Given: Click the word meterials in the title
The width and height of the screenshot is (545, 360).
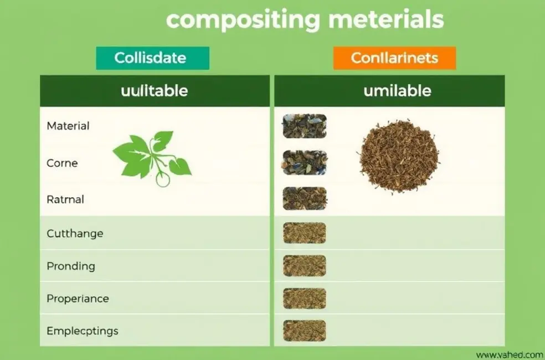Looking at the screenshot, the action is pyautogui.click(x=386, y=19).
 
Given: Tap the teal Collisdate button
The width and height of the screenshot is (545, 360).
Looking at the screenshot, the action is pyautogui.click(x=152, y=58).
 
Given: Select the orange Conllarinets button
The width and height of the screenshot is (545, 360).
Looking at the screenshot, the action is pyautogui.click(x=394, y=58).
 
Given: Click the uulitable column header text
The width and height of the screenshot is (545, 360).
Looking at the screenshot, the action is pyautogui.click(x=155, y=91).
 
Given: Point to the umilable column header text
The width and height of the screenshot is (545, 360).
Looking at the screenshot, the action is pyautogui.click(x=397, y=91).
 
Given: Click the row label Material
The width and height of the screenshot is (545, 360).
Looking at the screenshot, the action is pyautogui.click(x=68, y=126).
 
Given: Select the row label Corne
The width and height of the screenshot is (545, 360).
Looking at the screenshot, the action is pyautogui.click(x=62, y=163).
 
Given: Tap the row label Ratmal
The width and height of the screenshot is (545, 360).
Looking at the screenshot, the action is pyautogui.click(x=65, y=199).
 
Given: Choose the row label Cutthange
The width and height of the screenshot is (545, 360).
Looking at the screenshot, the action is pyautogui.click(x=75, y=234).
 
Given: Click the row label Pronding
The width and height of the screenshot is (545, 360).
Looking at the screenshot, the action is pyautogui.click(x=71, y=266).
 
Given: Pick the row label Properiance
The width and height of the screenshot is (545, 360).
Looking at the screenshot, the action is pyautogui.click(x=78, y=299).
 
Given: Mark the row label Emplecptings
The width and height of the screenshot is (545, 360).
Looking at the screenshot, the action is pyautogui.click(x=83, y=331).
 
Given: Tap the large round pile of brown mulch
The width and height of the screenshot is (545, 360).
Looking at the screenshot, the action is pyautogui.click(x=399, y=156).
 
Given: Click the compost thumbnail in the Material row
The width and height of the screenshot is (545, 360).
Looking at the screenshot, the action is pyautogui.click(x=305, y=126).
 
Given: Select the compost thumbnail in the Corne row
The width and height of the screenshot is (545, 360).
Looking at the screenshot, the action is pyautogui.click(x=305, y=163).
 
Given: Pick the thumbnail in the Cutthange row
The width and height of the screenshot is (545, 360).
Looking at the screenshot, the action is pyautogui.click(x=305, y=233).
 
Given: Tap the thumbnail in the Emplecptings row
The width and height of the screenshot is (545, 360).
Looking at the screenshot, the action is pyautogui.click(x=305, y=331).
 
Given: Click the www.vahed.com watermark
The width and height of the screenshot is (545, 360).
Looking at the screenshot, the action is pyautogui.click(x=510, y=355).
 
